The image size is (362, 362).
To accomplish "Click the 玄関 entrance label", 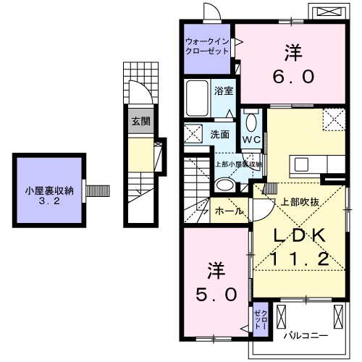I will click(141, 122).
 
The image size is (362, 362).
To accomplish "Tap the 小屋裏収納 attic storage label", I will click(48, 191).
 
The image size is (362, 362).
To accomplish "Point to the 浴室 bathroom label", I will click(224, 91).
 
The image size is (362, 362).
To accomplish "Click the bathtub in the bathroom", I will click(198, 96).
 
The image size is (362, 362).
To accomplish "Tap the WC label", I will click(251, 139).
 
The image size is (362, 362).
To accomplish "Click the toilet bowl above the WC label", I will click(251, 119).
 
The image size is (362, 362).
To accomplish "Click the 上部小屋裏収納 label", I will click(238, 164).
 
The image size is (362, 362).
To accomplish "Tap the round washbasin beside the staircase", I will click(225, 185).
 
